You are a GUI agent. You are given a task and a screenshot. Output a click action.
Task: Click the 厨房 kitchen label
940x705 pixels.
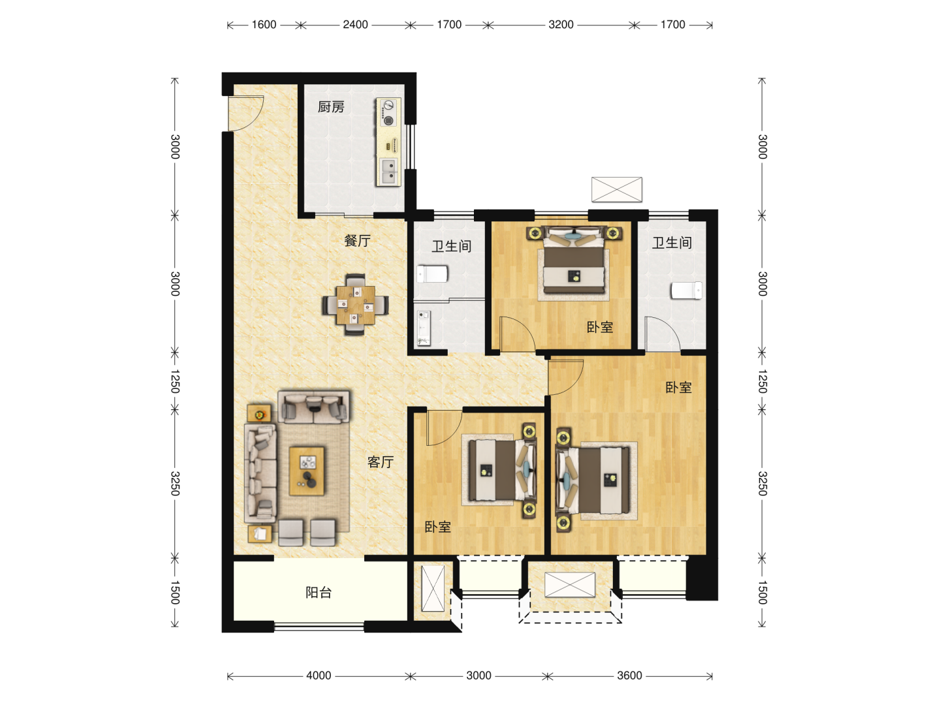point(330,106)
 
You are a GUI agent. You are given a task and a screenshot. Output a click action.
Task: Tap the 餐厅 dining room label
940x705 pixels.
point(357,241)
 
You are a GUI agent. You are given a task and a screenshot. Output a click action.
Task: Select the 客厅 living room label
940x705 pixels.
point(381,462)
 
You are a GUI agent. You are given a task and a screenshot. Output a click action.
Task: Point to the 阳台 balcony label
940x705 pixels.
point(319,593)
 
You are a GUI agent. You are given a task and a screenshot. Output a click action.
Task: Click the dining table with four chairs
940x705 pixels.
point(356,304)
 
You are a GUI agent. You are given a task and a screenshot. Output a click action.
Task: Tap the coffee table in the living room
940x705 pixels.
point(307,471)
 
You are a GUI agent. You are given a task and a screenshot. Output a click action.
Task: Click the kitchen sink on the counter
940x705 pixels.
point(389,172)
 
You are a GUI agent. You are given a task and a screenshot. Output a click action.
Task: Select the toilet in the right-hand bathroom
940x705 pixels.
point(687,290)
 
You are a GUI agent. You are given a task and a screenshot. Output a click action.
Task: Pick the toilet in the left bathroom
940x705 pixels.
point(433,274)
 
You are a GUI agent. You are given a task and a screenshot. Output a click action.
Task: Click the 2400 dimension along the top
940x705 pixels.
point(355,24)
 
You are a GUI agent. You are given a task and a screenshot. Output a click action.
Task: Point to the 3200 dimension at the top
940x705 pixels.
point(561,24)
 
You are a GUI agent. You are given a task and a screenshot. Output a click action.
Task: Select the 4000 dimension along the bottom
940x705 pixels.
point(319,676)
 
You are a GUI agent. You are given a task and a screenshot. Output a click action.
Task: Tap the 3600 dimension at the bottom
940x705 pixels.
point(629,676)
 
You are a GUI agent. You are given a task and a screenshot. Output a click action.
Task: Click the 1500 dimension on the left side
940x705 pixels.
point(175,593)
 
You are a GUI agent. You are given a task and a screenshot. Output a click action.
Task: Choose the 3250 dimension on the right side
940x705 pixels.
point(762,483)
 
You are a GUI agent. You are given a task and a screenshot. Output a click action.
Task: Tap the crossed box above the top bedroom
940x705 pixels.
point(617,189)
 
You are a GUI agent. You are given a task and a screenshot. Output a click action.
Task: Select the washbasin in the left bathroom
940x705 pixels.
point(424,328)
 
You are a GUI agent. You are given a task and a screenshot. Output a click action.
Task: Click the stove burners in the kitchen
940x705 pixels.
point(388,112)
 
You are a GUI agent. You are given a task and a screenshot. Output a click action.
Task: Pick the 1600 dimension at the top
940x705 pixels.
point(264,24)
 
